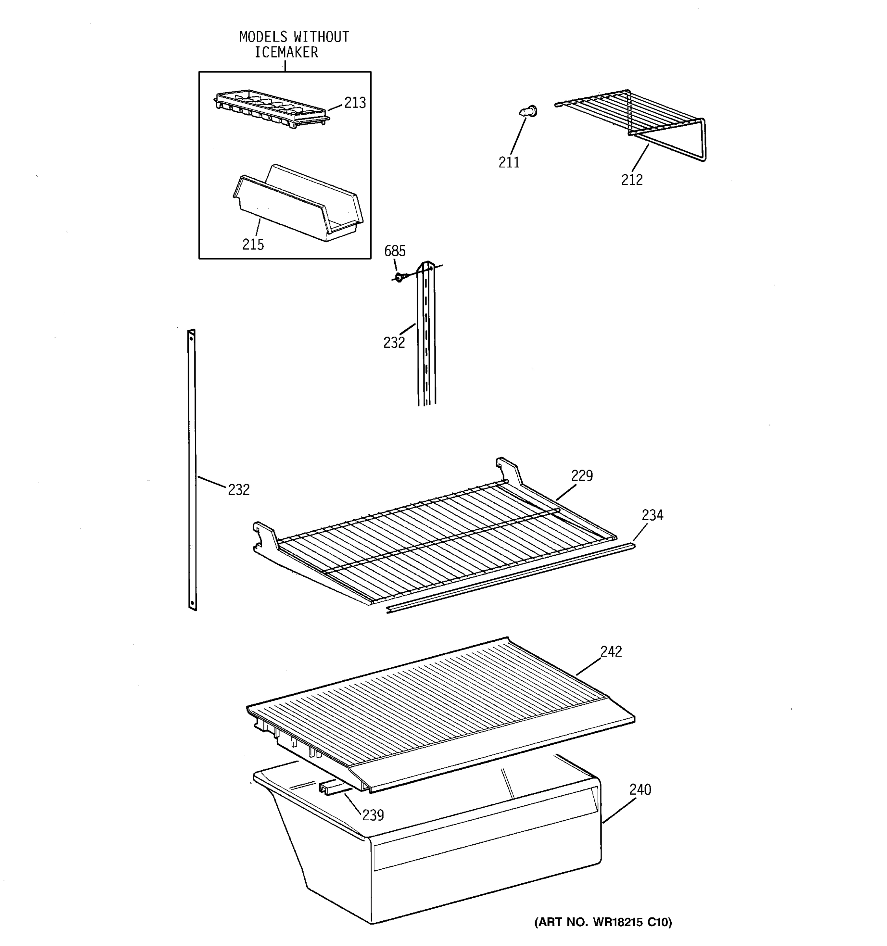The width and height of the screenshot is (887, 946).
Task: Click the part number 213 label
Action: click(x=354, y=103)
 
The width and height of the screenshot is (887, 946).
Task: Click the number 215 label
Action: click(x=253, y=245)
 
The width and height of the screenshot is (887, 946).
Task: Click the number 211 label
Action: click(x=509, y=163)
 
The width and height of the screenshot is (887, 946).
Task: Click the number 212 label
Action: click(x=632, y=180)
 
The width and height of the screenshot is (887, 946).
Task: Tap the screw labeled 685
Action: click(x=399, y=276)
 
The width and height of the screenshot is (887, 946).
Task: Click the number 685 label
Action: click(x=395, y=251)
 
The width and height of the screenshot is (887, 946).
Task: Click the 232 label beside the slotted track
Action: click(x=394, y=343)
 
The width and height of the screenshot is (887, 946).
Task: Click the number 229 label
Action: click(x=581, y=475)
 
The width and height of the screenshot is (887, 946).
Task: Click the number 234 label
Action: click(x=652, y=515)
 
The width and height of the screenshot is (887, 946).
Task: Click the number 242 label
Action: click(x=611, y=652)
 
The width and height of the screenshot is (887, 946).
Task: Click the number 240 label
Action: click(x=640, y=790)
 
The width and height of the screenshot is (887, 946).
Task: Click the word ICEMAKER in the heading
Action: click(x=286, y=52)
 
